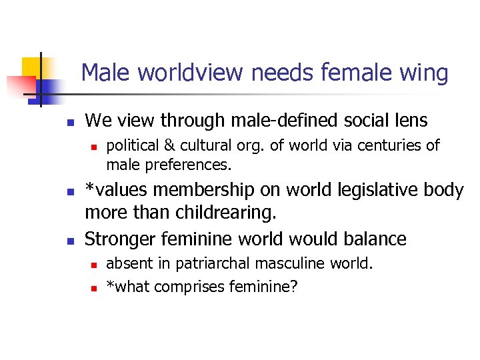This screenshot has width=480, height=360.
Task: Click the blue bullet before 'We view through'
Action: [x=68, y=123]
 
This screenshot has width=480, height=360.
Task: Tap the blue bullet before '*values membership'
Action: [x=68, y=193]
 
